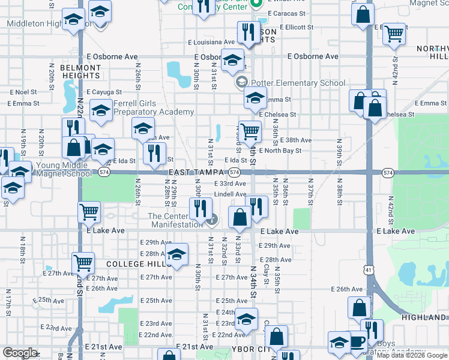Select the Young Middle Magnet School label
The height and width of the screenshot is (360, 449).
[x=66, y=169]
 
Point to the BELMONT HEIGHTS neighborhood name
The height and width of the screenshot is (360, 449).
[x=80, y=72]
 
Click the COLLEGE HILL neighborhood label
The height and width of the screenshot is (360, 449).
[x=134, y=264]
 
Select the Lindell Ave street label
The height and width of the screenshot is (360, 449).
[x=231, y=194]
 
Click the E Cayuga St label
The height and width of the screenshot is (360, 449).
[x=104, y=92]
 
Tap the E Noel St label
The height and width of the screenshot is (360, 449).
[x=23, y=92]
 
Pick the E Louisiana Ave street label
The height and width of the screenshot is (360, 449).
[x=211, y=43]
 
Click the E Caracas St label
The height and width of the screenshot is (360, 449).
[x=287, y=13]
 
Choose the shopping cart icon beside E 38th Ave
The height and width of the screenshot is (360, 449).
[x=250, y=130]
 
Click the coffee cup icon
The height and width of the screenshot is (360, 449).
[x=357, y=341]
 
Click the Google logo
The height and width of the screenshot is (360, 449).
[x=20, y=353]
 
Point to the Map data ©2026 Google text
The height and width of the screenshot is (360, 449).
[x=412, y=355]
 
